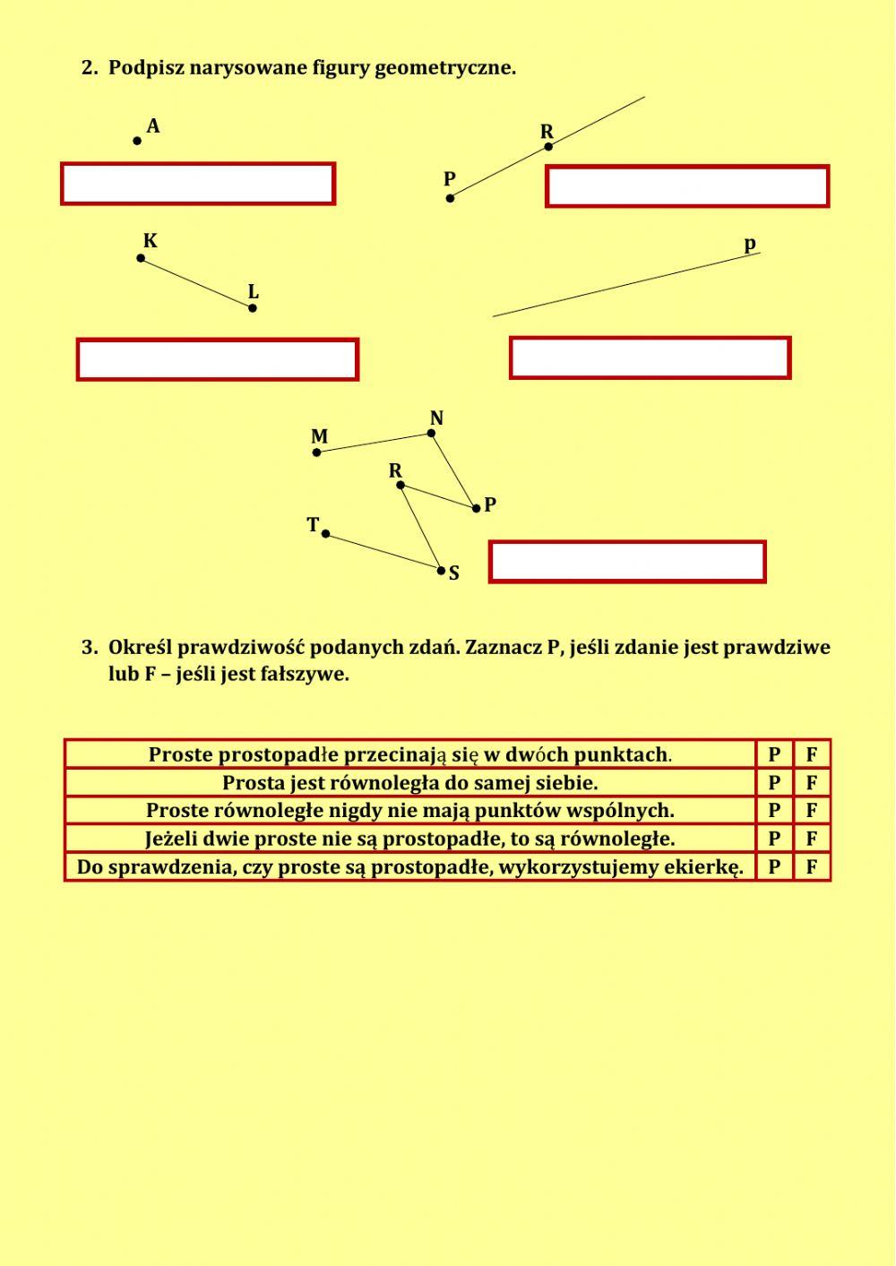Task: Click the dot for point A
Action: coord(137,141)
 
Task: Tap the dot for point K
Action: coord(141,258)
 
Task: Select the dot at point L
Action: coord(253,308)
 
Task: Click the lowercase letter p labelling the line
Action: coord(750,245)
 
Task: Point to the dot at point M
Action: coord(316,452)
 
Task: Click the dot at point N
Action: coord(431,433)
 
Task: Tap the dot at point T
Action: coord(325,534)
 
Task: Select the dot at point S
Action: coord(441,570)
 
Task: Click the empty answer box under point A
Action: coord(198,184)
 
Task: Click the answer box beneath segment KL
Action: coord(218,359)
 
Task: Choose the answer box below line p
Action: coord(650,357)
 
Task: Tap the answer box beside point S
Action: coord(627,562)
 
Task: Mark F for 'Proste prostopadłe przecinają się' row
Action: coord(812,754)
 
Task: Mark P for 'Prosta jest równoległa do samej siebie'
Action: coord(774,783)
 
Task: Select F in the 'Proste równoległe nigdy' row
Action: coord(812,811)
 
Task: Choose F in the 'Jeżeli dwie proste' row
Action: coord(812,839)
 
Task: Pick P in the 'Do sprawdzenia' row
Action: coord(774,867)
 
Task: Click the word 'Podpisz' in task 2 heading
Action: coord(146,68)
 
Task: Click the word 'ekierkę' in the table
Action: coord(708,867)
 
